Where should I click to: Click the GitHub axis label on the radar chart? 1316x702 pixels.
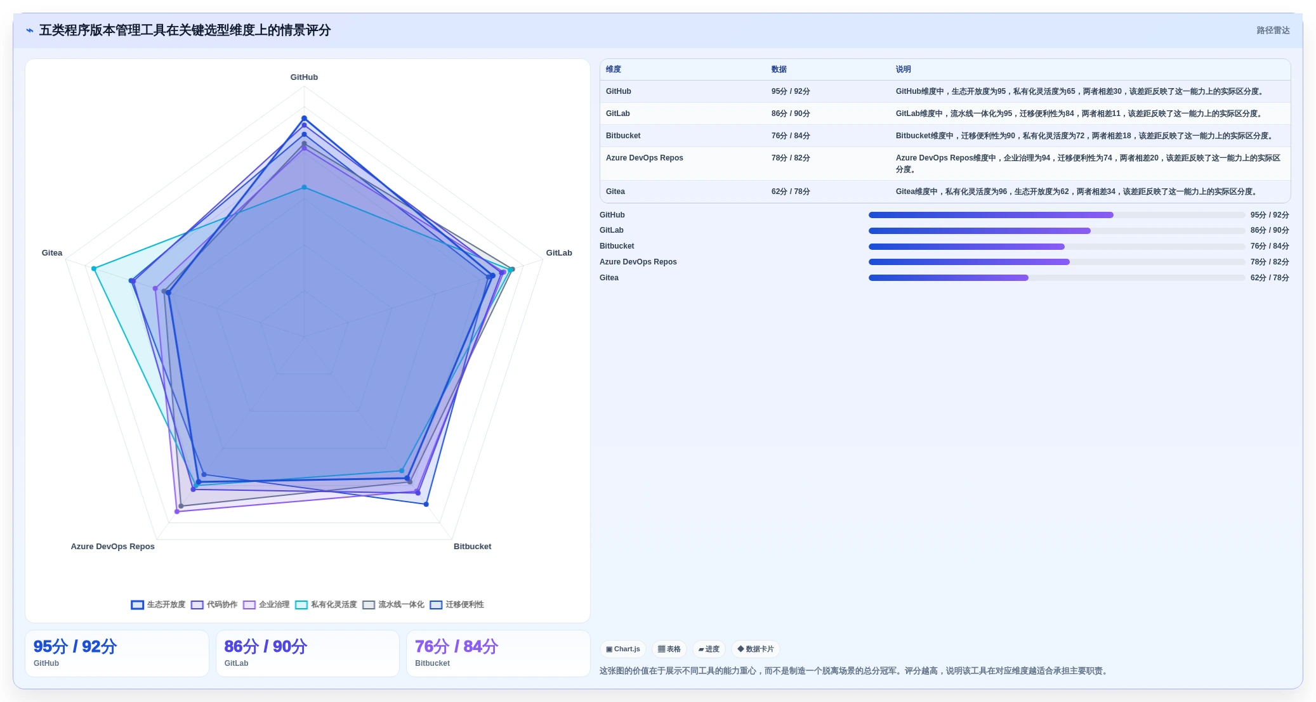tap(304, 77)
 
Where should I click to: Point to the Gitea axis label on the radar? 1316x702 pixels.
tap(52, 253)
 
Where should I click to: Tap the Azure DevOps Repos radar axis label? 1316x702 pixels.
tap(113, 547)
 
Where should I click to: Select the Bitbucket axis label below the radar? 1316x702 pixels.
tap(472, 547)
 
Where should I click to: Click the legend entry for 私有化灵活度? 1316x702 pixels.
tap(326, 605)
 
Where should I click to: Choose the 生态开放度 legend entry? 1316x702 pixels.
tap(159, 605)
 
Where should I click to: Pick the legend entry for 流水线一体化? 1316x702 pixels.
tap(393, 605)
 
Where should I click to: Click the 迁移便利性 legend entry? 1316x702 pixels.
tap(457, 605)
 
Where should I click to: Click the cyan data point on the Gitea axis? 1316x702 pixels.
tap(94, 269)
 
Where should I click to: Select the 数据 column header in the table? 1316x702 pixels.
tap(779, 70)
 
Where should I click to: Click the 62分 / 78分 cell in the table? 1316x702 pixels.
tap(791, 192)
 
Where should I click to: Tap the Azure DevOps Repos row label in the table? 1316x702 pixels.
tap(645, 158)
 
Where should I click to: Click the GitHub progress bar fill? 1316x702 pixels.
tap(990, 215)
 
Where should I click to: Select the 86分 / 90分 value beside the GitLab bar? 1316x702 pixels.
tap(1270, 231)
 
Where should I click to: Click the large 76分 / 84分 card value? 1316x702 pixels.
tap(456, 647)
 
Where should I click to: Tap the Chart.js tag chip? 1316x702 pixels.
tap(623, 649)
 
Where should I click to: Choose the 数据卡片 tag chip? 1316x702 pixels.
tap(756, 649)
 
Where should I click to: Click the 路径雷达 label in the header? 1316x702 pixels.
tap(1273, 30)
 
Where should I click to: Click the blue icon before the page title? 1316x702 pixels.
tap(30, 30)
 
